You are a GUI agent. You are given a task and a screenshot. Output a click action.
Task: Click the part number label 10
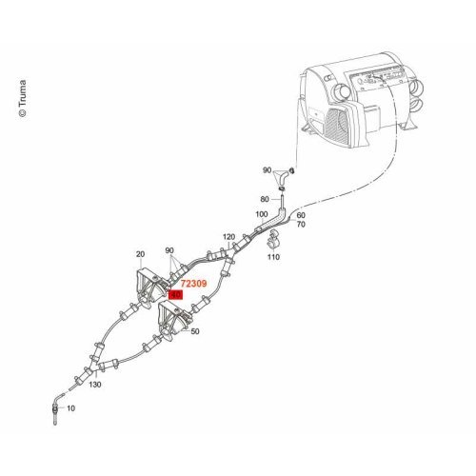pos(70,408)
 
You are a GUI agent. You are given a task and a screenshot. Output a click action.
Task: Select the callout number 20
pos(140,254)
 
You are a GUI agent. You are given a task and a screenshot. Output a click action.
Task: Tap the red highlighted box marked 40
pos(175,295)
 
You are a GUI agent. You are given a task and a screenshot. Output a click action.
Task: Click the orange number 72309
pos(193,283)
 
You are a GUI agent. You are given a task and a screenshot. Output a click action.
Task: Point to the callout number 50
pos(195,331)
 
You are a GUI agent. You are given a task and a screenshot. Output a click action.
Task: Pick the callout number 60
pos(301,216)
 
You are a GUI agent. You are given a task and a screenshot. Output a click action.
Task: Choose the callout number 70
pos(301,225)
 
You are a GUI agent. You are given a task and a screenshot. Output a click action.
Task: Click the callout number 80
pos(265,199)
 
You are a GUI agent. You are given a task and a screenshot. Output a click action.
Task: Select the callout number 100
pos(262,214)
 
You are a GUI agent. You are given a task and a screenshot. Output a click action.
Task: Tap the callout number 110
pos(273,256)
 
